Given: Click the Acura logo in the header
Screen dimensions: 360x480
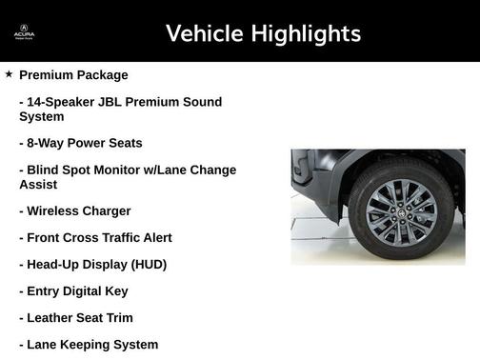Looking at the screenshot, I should (24, 33).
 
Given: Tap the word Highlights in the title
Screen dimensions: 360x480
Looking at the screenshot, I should (305, 34).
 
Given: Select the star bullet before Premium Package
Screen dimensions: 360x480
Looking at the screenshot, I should (9, 74).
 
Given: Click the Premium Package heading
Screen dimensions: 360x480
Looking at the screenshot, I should (73, 74).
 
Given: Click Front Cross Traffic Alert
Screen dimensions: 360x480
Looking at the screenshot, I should (99, 237).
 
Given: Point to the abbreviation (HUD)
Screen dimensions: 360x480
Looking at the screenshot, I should (147, 264).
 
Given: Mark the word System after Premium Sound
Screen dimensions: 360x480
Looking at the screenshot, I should (41, 116).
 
